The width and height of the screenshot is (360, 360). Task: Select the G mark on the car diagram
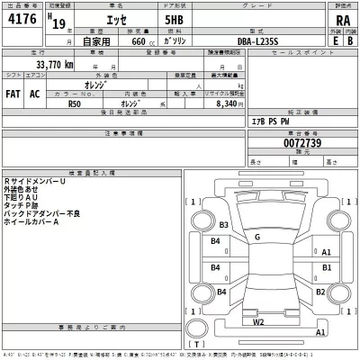[x=257, y=237]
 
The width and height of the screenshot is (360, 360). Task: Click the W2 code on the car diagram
[x=258, y=320]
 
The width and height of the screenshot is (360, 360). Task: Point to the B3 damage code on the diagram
[x=225, y=224]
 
